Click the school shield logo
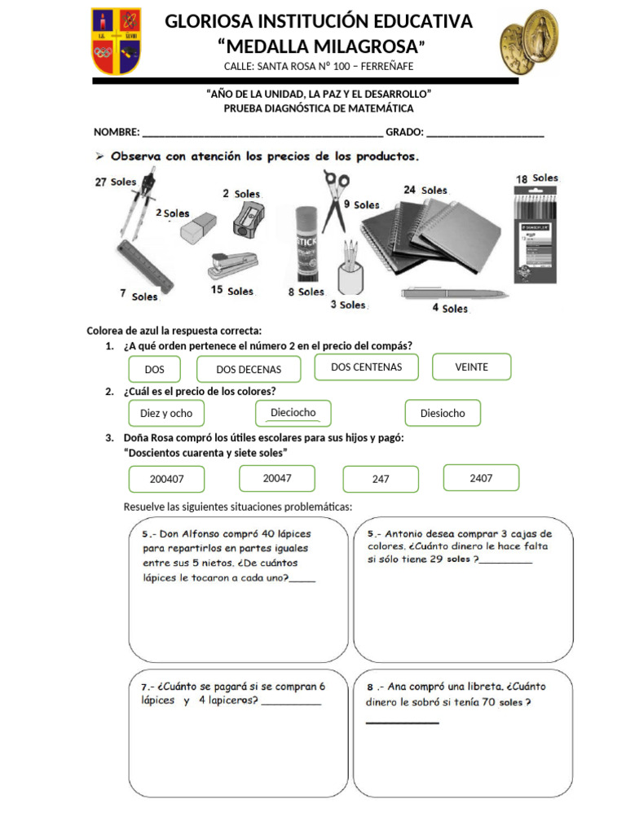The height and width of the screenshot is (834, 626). click(x=116, y=41)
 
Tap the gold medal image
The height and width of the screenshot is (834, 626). click(x=529, y=42)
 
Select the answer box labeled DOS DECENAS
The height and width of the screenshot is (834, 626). click(x=249, y=369)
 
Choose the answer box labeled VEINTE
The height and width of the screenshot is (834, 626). click(x=472, y=367)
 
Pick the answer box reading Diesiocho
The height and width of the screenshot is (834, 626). click(x=443, y=413)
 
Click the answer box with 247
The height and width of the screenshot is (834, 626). click(x=381, y=479)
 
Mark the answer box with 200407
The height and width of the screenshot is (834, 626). click(x=166, y=479)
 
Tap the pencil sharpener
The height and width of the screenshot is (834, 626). click(x=249, y=219)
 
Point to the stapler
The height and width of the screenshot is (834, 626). click(x=233, y=266)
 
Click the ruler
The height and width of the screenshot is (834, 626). click(x=145, y=267)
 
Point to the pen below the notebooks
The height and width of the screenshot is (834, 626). click(x=455, y=293)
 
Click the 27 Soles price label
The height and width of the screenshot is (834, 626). click(x=116, y=182)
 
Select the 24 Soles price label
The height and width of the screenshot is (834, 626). click(x=425, y=190)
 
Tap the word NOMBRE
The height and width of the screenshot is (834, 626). click(x=117, y=132)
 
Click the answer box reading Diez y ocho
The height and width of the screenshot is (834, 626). click(x=166, y=413)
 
